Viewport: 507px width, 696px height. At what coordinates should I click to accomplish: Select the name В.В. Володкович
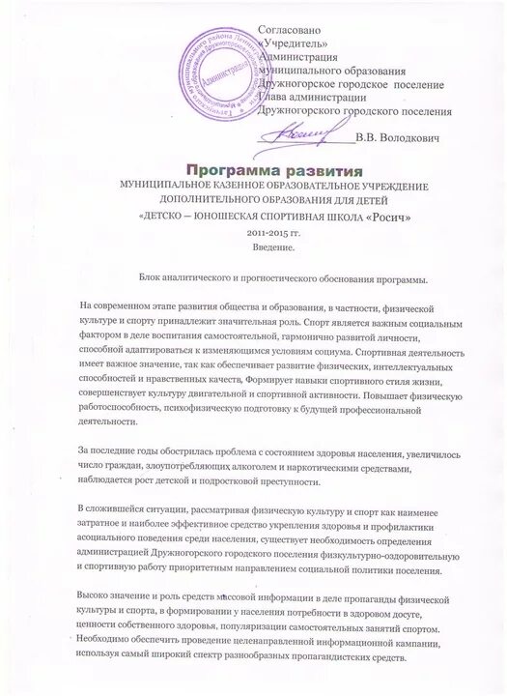[x=398, y=139]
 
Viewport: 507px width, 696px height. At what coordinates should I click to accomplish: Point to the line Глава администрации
[x=307, y=97]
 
